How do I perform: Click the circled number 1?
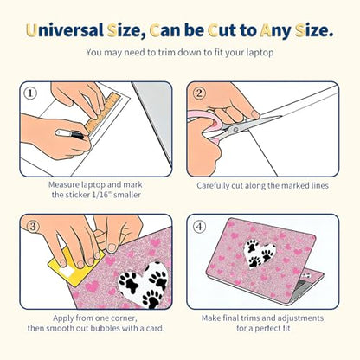[30, 93]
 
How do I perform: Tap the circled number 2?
[199, 93]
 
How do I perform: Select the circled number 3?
[33, 227]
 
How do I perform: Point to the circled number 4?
[199, 227]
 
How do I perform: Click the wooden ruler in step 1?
[103, 112]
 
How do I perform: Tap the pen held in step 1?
[70, 134]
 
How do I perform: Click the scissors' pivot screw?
[235, 130]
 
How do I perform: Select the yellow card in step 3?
[76, 267]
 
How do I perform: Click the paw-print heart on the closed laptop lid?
[260, 253]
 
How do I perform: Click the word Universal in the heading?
[65, 31]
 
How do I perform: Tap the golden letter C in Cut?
[213, 31]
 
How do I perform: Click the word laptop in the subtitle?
[260, 53]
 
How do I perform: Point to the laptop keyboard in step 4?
[302, 286]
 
